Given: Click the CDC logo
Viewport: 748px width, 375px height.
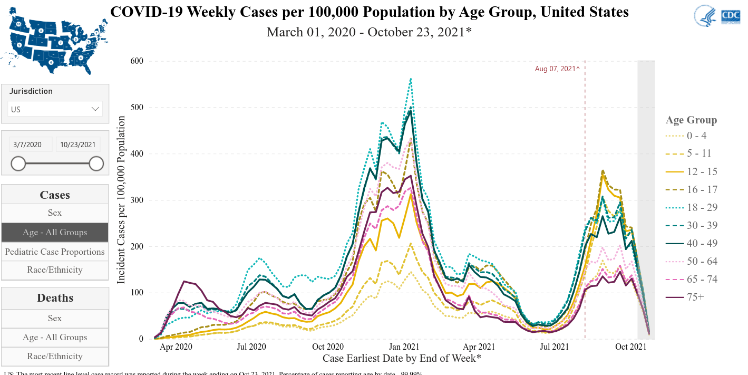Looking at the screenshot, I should (726, 16).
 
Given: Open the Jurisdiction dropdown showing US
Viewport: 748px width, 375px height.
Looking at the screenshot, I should (55, 109).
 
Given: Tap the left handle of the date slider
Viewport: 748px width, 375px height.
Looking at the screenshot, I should (18, 164).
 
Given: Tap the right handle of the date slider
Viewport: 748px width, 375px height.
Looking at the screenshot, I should (96, 164).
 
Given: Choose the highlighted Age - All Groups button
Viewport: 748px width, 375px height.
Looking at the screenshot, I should (55, 233).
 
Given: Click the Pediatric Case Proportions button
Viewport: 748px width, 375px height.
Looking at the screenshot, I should (55, 252).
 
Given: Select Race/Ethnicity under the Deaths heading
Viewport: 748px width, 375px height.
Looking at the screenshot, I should (55, 356).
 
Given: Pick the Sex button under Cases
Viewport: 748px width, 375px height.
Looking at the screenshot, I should (55, 213).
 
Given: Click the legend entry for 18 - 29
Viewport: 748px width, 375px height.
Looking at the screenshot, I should (702, 207).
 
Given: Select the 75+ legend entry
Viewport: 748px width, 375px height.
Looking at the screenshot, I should (695, 297).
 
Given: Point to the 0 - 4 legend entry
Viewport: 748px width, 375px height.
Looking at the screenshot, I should (696, 136).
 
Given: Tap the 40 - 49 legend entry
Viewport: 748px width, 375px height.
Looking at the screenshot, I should (702, 243).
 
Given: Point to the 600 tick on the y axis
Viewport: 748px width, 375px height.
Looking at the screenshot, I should (137, 61).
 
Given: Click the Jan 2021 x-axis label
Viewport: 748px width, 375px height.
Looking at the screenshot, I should (404, 347).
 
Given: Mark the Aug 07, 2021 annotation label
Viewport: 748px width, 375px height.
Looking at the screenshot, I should (557, 69).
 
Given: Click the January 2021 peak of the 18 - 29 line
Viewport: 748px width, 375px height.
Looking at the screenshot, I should (411, 79).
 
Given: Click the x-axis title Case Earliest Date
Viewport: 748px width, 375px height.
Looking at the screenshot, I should (402, 359).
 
